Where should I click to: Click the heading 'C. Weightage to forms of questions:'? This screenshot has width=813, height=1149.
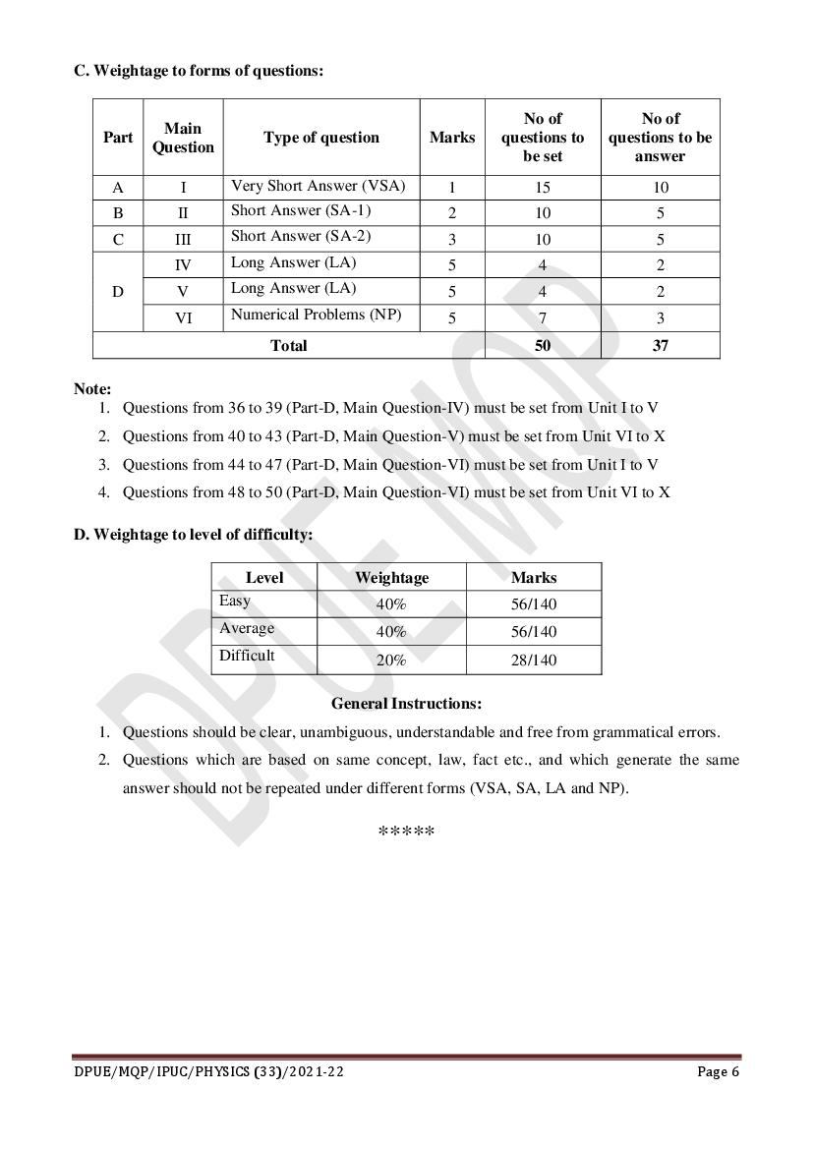click(x=199, y=70)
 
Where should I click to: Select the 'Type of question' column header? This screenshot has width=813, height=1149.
click(x=320, y=138)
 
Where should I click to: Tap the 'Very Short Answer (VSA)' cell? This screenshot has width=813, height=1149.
click(x=318, y=186)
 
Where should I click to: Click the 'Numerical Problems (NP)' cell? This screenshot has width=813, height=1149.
click(x=317, y=315)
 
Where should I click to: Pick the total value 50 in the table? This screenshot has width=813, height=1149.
click(x=543, y=345)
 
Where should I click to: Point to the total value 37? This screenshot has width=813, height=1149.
click(x=660, y=345)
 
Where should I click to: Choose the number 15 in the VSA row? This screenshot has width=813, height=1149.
click(x=543, y=187)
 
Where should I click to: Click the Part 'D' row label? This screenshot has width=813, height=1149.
click(x=118, y=292)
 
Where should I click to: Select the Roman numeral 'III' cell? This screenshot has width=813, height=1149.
click(x=183, y=239)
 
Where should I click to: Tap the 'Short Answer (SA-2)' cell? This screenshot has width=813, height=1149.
click(x=301, y=237)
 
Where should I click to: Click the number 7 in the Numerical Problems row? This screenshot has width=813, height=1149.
click(x=543, y=317)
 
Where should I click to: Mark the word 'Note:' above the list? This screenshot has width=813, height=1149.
click(x=92, y=388)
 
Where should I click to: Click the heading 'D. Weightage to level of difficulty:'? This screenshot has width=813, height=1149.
click(x=193, y=535)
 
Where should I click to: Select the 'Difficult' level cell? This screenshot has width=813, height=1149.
click(x=247, y=656)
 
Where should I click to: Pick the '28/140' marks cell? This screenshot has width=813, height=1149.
click(x=534, y=660)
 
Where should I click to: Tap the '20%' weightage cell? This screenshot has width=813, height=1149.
click(x=391, y=660)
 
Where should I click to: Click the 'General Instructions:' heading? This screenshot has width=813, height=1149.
click(x=406, y=704)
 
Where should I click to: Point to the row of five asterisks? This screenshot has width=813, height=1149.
click(x=406, y=833)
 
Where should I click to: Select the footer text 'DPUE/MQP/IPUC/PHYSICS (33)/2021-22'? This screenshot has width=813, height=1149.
click(x=208, y=1071)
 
